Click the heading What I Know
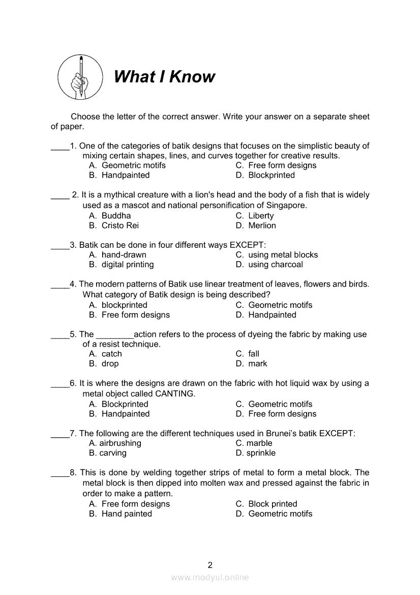[164, 77]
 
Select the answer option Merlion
[262, 225]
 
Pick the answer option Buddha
[116, 216]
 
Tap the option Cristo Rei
[120, 225]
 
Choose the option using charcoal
[275, 265]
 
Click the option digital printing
[128, 265]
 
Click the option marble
[259, 443]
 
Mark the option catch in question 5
[112, 354]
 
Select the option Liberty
[261, 216]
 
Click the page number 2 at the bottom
[210, 564]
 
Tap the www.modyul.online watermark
[210, 577]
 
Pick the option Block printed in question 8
[273, 504]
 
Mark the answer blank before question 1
[60, 148]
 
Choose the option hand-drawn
[124, 255]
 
